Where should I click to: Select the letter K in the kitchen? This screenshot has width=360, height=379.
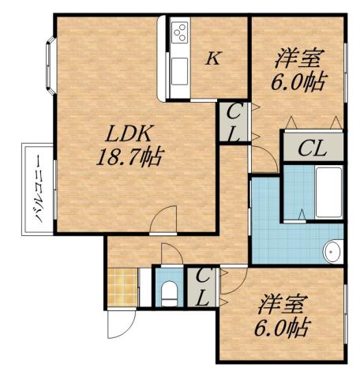pos(212,58)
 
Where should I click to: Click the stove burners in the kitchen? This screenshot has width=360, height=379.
pos(179,34)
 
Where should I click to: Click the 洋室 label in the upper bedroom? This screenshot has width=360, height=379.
pos(298,58)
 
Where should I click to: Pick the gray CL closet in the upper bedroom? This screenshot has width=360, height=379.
pos(313,148)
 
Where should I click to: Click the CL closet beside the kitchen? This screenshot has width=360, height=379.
pos(234,123)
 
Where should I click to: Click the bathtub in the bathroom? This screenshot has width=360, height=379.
pos(328,193)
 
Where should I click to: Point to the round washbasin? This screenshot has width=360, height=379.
pos(334,251)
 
